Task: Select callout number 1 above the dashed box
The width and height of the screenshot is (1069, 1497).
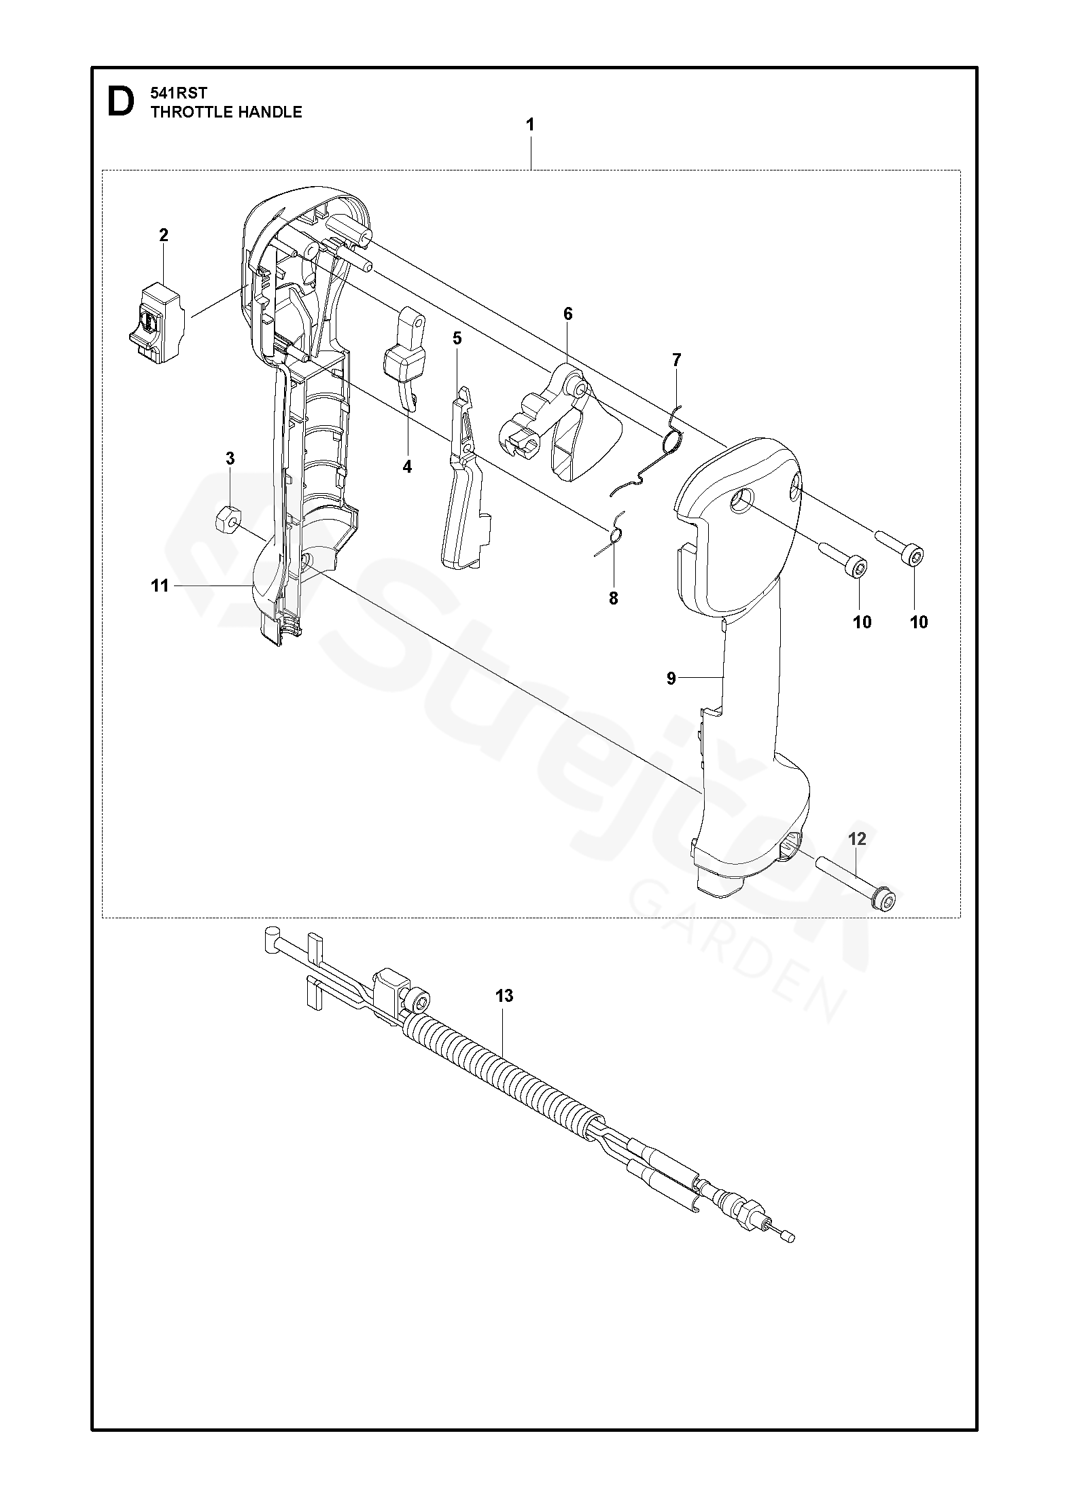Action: (529, 125)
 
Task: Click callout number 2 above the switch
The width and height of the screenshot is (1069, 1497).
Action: (163, 235)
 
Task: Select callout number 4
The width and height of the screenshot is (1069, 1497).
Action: (407, 467)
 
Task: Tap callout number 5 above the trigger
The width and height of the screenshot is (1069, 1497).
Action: (457, 338)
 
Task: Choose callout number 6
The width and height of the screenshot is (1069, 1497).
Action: (567, 314)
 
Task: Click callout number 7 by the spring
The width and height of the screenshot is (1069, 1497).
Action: (676, 360)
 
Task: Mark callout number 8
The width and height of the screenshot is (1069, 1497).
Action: (614, 598)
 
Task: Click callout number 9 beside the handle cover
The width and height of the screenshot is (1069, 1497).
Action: (671, 677)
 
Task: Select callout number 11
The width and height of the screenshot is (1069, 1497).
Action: (160, 585)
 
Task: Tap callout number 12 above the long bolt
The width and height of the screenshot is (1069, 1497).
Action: (858, 839)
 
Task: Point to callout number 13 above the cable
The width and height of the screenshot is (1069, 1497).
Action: (504, 996)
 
